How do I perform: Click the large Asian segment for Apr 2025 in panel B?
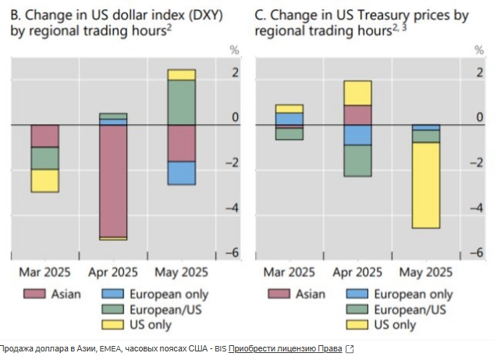[x=113, y=180]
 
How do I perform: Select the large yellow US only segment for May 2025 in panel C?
[x=426, y=185]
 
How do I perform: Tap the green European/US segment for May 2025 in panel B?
[x=181, y=102]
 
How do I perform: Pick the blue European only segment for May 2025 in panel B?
[x=181, y=173]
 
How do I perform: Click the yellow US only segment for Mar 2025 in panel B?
[x=45, y=180]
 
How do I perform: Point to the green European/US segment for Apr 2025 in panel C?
[x=357, y=161]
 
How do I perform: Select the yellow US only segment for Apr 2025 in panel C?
[x=357, y=93]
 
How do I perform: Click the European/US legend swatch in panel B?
[x=112, y=310]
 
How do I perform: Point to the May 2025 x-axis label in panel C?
[x=425, y=273]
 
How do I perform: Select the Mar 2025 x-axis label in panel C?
[x=289, y=273]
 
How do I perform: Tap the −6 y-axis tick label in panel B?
[x=233, y=253]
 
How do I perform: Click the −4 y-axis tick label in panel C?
[x=477, y=209]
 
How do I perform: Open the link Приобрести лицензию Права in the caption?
[x=286, y=348]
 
